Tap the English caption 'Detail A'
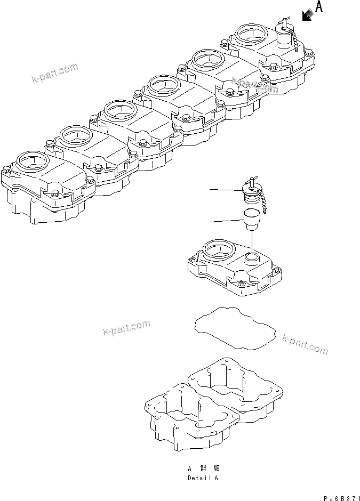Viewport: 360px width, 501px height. [202, 478]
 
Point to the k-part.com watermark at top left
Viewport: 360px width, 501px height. [53, 75]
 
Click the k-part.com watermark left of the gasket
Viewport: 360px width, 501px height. [126, 329]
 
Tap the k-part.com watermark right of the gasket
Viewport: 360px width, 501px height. [305, 344]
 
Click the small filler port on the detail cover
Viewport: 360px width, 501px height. [252, 259]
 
